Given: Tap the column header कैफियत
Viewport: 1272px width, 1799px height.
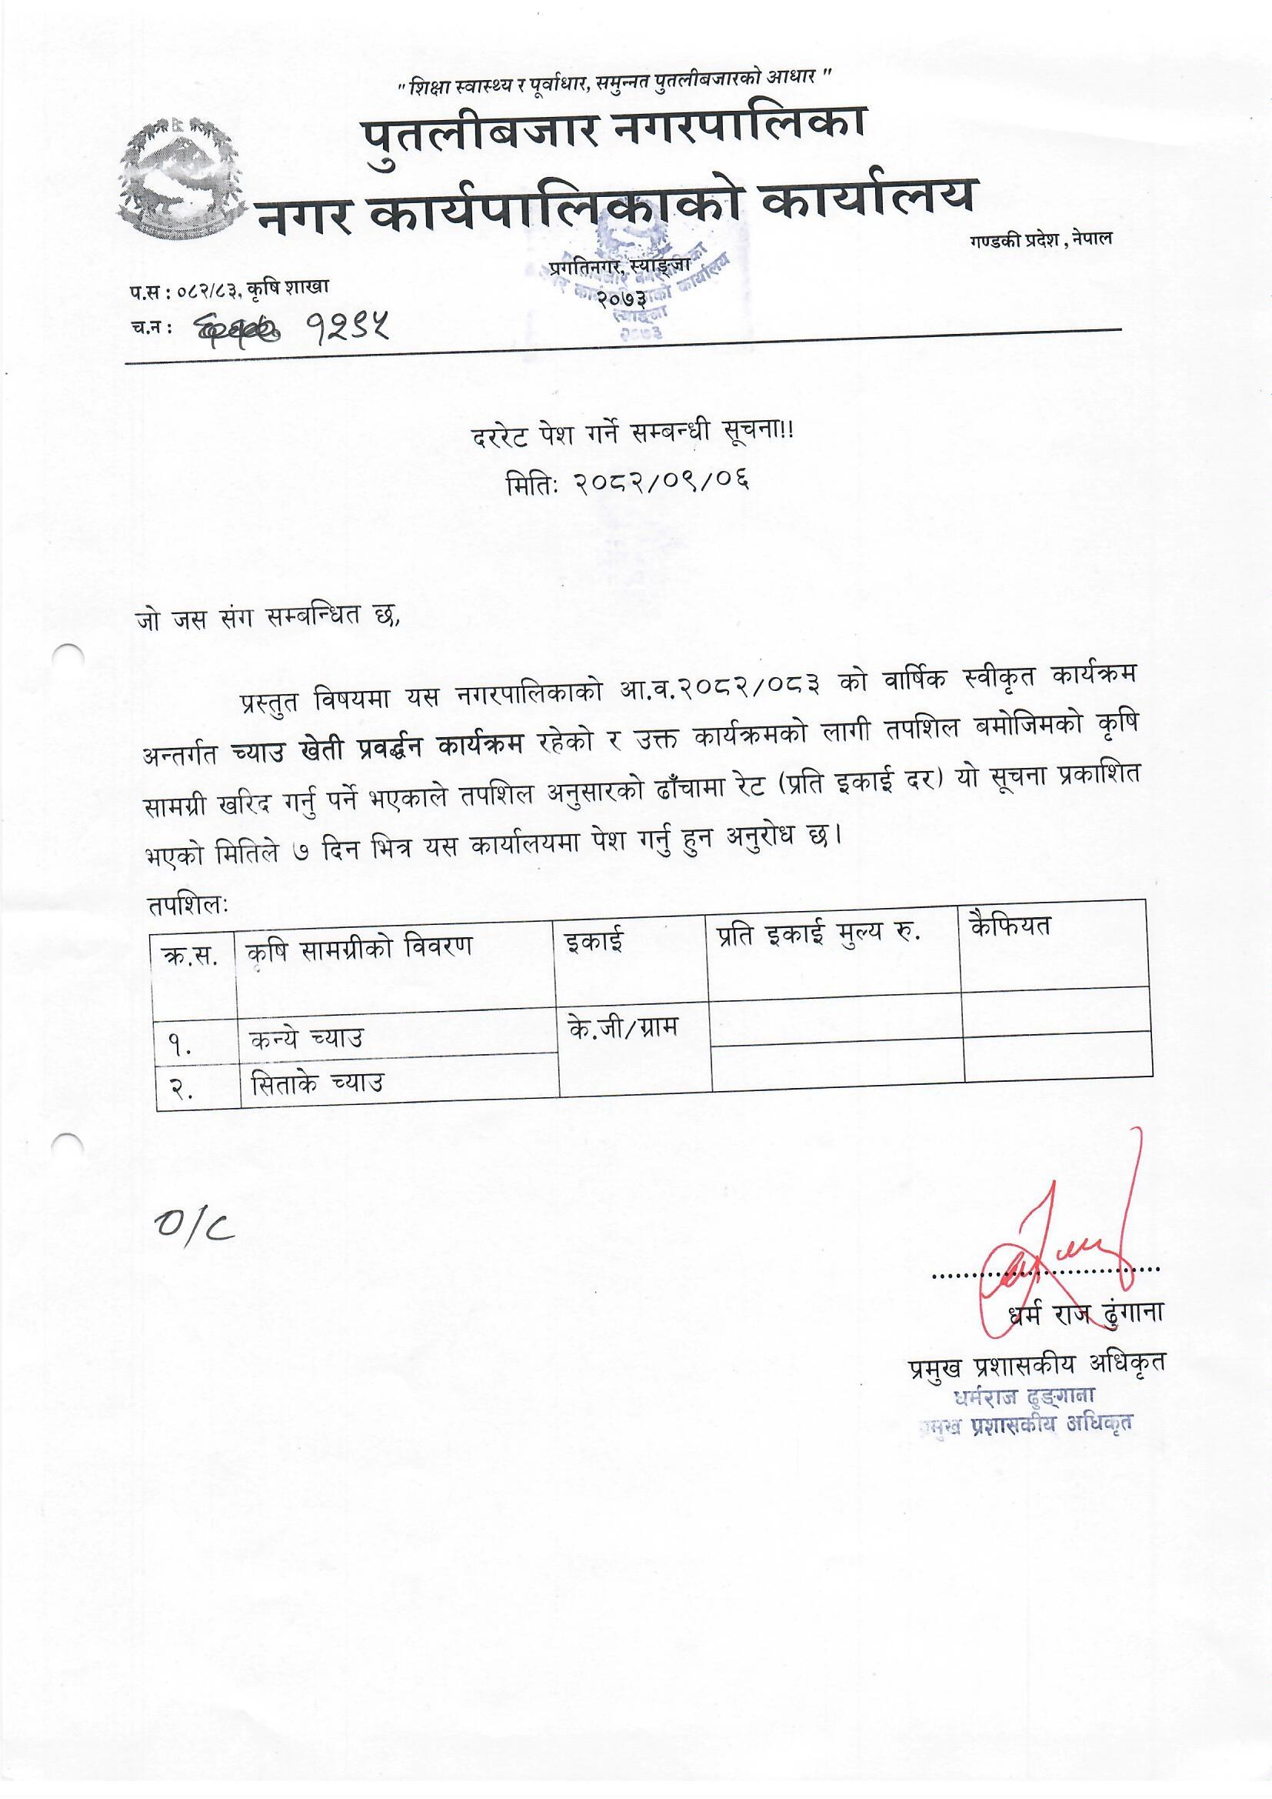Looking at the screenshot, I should pos(1010,926).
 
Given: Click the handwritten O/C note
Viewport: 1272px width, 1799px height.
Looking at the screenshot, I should pos(194,1233).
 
